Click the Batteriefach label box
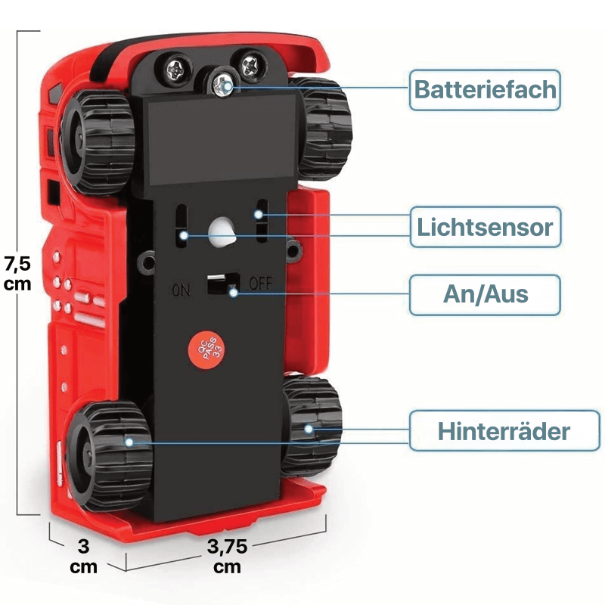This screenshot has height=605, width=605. click(485, 91)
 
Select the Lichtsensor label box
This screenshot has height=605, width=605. click(485, 227)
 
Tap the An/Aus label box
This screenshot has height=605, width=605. click(485, 295)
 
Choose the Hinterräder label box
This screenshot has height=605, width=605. click(503, 432)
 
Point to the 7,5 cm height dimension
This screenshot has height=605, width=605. click(17, 273)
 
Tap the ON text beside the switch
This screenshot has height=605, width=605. click(181, 289)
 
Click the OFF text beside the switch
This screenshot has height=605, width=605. click(259, 284)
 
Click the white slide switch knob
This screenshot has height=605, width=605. click(217, 285)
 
